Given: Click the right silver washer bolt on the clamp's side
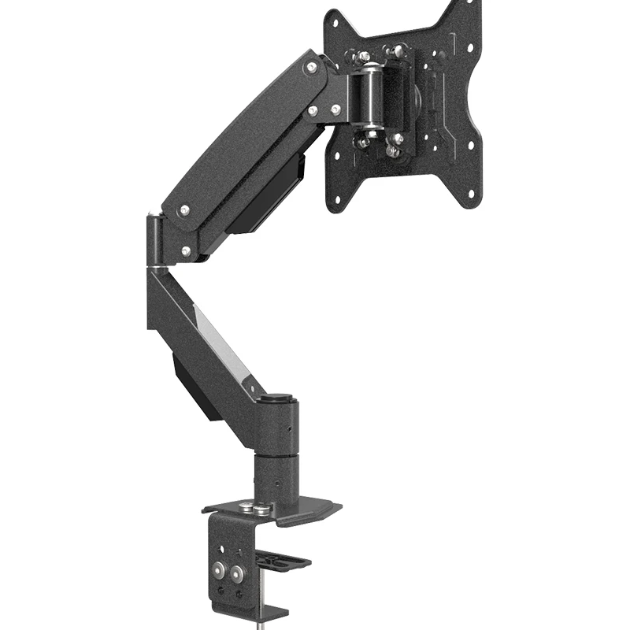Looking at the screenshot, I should pyautogui.click(x=239, y=570).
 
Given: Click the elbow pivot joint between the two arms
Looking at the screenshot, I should pyautogui.click(x=154, y=236).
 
